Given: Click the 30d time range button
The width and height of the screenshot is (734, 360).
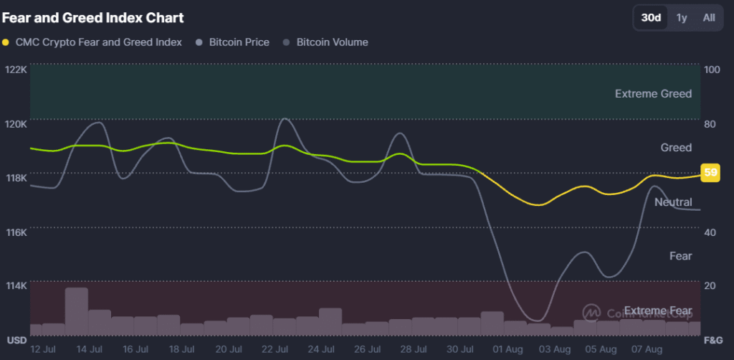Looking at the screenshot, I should pyautogui.click(x=651, y=18).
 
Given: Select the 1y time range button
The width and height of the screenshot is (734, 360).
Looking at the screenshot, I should pyautogui.click(x=682, y=18).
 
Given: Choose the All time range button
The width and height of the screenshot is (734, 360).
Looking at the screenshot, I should pyautogui.click(x=708, y=18).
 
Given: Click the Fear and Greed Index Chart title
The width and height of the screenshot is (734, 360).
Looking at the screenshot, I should pyautogui.click(x=92, y=17).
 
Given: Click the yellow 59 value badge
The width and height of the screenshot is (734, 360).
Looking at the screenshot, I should pyautogui.click(x=710, y=173).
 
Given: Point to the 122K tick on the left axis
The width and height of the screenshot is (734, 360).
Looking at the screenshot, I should pyautogui.click(x=16, y=70).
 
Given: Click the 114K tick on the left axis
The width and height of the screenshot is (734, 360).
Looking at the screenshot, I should pyautogui.click(x=16, y=285).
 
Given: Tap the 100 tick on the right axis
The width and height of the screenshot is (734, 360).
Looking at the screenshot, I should pyautogui.click(x=712, y=70).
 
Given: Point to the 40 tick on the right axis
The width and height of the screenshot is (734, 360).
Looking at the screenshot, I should pyautogui.click(x=710, y=232).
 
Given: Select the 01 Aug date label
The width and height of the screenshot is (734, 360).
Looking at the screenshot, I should pyautogui.click(x=507, y=349).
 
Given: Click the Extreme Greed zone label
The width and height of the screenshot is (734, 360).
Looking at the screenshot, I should pyautogui.click(x=653, y=94).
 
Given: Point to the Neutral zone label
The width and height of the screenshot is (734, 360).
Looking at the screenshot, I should pyautogui.click(x=673, y=202).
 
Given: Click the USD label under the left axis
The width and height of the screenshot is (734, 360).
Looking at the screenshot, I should pyautogui.click(x=16, y=338).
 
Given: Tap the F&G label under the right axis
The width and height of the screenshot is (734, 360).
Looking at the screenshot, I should pyautogui.click(x=713, y=338).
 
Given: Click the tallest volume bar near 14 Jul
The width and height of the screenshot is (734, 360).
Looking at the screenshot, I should pyautogui.click(x=77, y=311).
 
